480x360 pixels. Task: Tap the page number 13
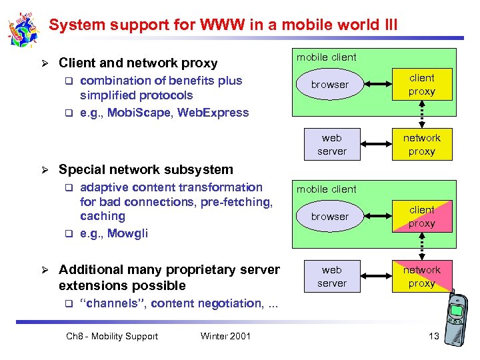pyautogui.click(x=433, y=336)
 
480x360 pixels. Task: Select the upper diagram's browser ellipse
pyautogui.click(x=330, y=85)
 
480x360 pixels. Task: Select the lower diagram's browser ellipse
pyautogui.click(x=330, y=217)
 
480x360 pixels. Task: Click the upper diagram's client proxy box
pyautogui.click(x=422, y=85)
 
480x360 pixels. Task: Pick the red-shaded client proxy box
pyautogui.click(x=422, y=217)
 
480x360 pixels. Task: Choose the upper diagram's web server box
pyautogui.click(x=331, y=145)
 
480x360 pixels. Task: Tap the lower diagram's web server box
pyautogui.click(x=331, y=277)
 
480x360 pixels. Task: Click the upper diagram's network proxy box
pyautogui.click(x=422, y=145)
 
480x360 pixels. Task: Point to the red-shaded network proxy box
pyautogui.click(x=422, y=277)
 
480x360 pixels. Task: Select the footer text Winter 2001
pyautogui.click(x=225, y=336)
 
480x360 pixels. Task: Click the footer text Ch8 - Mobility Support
pyautogui.click(x=112, y=336)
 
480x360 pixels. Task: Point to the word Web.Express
pyautogui.click(x=213, y=112)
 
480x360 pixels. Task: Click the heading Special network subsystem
pyautogui.click(x=146, y=169)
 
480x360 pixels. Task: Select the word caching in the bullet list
pyautogui.click(x=103, y=216)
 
